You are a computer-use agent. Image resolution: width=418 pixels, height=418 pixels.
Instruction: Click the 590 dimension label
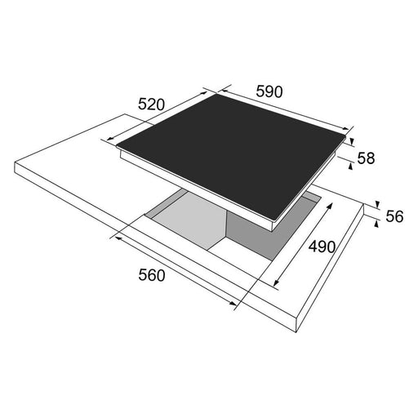[269, 91]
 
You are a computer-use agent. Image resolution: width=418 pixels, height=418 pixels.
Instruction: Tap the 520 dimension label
[152, 104]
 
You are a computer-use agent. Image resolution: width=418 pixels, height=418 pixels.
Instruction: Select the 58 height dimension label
[366, 158]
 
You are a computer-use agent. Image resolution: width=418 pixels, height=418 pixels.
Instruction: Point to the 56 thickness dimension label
[394, 216]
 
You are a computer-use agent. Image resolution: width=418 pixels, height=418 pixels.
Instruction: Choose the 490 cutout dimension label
[322, 247]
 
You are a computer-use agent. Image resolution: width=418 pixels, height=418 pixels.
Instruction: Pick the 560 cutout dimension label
[152, 275]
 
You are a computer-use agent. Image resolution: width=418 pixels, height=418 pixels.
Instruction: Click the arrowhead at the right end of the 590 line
[345, 129]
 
